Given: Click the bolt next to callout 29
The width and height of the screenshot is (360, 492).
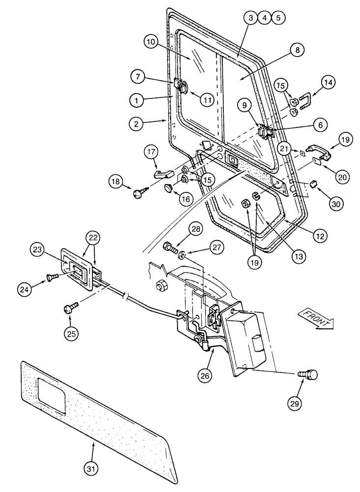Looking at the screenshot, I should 311,375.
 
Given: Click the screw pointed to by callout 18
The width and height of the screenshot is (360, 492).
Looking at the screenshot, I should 138,194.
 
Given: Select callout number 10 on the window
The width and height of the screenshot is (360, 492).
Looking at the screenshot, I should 153,43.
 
